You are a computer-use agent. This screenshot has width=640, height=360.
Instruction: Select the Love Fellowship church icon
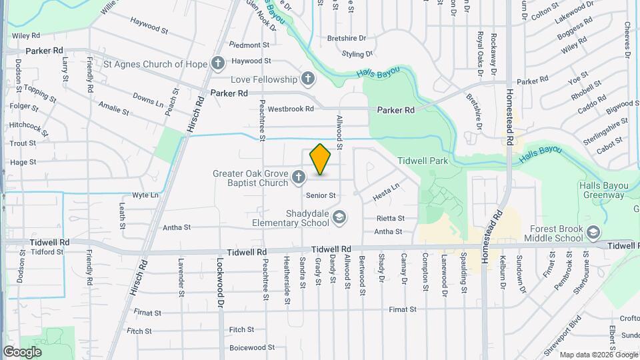[x=307, y=79]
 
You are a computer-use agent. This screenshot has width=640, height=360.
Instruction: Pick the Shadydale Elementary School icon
[x=339, y=217]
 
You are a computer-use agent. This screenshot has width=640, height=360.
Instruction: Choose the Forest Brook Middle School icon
[x=593, y=232]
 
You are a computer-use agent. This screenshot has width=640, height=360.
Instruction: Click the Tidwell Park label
[x=422, y=161]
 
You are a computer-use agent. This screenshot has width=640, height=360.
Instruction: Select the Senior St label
[x=321, y=195]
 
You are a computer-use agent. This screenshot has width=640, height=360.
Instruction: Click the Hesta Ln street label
[x=385, y=192]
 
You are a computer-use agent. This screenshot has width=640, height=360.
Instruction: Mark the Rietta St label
[x=391, y=218]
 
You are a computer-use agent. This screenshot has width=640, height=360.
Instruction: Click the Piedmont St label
[x=249, y=45]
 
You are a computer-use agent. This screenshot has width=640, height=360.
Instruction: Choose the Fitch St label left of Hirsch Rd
[x=139, y=331]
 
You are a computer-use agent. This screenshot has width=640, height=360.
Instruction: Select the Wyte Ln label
[x=145, y=195]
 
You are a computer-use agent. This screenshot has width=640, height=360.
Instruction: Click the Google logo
[x=22, y=352]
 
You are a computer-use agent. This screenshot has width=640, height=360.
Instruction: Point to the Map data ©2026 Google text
[x=597, y=355]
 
